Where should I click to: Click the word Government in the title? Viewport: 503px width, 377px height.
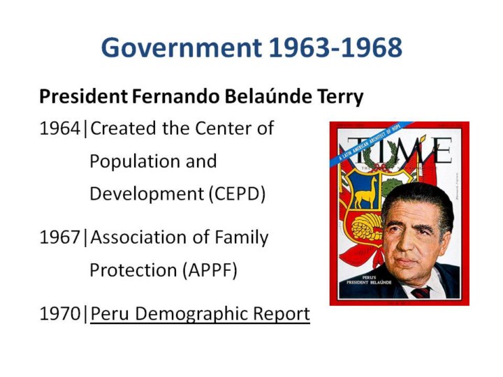(x=182, y=48)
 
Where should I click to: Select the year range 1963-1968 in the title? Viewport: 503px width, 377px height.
(x=335, y=47)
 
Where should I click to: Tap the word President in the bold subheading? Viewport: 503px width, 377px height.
(x=83, y=96)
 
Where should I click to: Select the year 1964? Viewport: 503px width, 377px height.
(x=59, y=128)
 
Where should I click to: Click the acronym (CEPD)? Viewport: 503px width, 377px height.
(x=238, y=194)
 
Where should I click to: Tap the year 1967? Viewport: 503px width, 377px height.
(x=59, y=237)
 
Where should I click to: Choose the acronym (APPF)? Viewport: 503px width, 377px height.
(x=210, y=270)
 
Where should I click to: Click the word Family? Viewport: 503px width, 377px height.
(x=242, y=238)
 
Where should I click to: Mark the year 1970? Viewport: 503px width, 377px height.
(x=59, y=313)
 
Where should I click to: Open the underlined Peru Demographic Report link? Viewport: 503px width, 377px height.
(x=201, y=314)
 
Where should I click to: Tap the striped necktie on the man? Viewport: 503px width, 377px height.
(x=421, y=293)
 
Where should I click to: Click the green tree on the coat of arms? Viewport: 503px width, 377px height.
(x=392, y=188)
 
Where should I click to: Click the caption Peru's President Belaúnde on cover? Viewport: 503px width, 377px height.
(x=369, y=280)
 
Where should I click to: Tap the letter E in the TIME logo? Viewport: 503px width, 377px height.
(x=442, y=150)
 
